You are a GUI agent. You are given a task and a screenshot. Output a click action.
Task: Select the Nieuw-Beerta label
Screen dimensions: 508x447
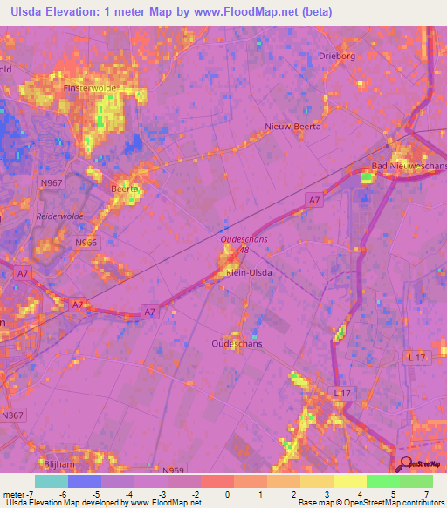coord(292,127)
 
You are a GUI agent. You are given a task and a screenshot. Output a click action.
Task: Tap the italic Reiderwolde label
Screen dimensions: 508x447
coord(58,216)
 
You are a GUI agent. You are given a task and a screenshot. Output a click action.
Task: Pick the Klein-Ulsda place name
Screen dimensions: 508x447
coord(250,273)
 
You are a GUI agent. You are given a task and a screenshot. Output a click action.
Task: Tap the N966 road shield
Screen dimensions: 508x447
coord(86,242)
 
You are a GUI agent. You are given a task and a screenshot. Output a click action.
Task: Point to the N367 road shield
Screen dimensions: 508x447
coord(12,415)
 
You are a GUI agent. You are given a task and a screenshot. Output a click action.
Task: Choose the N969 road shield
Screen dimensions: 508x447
coord(173,470)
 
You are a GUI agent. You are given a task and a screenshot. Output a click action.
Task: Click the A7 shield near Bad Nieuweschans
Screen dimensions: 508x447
coord(313,201)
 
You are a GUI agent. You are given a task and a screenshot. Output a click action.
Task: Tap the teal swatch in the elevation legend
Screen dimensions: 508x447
coord(51,481)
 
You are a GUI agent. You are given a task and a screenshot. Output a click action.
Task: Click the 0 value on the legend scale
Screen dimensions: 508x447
coord(226,494)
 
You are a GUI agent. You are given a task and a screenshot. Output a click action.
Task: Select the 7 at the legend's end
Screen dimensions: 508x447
coord(429,494)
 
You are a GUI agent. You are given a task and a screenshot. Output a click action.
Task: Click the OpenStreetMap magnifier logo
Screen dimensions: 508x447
coord(405,464)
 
